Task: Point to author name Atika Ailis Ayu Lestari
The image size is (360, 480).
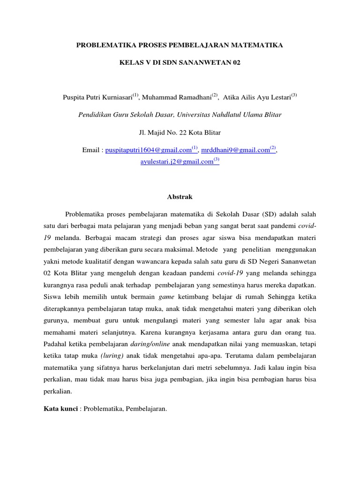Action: pyautogui.click(x=257, y=97)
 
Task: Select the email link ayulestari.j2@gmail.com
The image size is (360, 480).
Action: pyautogui.click(x=177, y=162)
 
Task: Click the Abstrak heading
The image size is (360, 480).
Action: pyautogui.click(x=180, y=197)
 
